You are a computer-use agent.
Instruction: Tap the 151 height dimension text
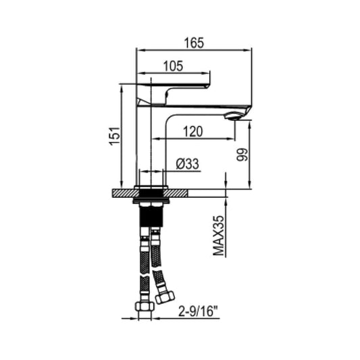pyautogui.click(x=114, y=136)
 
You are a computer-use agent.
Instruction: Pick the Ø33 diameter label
pyautogui.click(x=186, y=163)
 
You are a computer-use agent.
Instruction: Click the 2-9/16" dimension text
pyautogui.click(x=196, y=311)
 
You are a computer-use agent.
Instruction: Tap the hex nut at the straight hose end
pyautogui.click(x=143, y=306)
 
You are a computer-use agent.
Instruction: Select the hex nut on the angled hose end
pyautogui.click(x=165, y=294)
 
